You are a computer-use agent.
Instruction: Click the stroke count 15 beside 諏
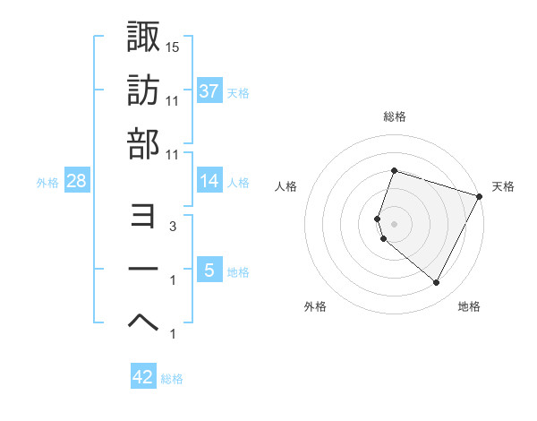click(173, 47)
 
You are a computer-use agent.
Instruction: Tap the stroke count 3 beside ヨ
click(173, 228)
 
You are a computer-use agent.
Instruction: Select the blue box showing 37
click(209, 90)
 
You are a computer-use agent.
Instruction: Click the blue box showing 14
click(209, 181)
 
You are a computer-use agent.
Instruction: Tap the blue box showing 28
click(77, 181)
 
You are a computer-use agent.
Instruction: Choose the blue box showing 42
click(143, 377)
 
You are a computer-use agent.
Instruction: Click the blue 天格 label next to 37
click(238, 92)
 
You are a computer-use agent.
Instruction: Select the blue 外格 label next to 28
click(47, 183)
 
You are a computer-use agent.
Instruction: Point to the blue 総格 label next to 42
click(172, 379)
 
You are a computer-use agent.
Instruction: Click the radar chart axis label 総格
click(394, 116)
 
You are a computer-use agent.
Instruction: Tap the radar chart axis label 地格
click(469, 306)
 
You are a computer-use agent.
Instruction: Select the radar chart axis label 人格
click(286, 186)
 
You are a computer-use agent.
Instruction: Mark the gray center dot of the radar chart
click(394, 223)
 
